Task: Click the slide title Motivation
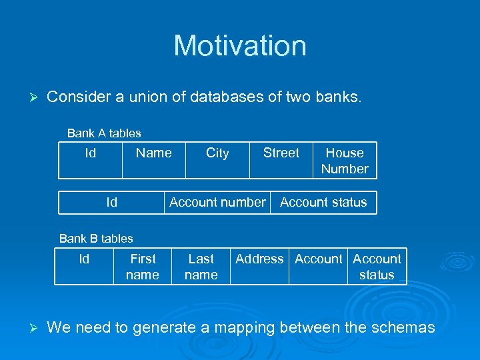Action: point(240,46)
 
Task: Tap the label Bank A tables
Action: point(104,133)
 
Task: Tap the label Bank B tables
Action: point(96,238)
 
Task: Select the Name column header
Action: point(153,153)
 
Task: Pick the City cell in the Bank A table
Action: point(217,153)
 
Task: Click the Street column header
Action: point(281,153)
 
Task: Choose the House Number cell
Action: point(345,161)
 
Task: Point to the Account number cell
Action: point(217,202)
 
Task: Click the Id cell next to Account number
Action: point(111,202)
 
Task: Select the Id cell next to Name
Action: point(90,153)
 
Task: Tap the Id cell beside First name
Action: point(84,259)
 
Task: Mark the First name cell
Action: point(143,267)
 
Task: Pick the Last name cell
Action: point(201,267)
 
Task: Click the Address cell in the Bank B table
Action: point(259,259)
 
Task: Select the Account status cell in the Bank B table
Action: point(377,267)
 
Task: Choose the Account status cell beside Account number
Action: point(323,202)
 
